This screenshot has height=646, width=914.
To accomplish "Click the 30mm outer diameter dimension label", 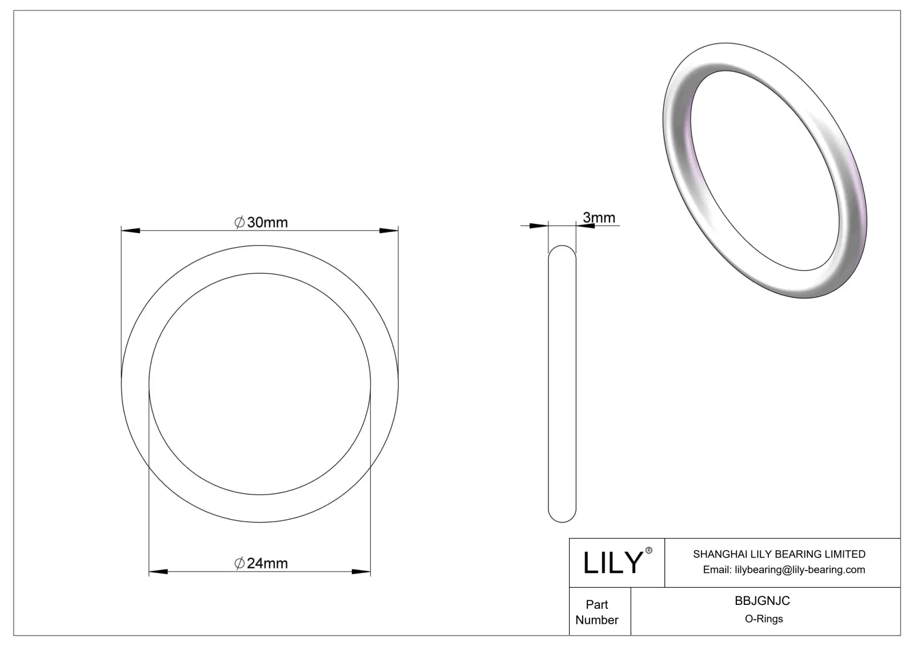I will (267, 222).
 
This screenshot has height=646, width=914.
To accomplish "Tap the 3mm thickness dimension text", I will (599, 218).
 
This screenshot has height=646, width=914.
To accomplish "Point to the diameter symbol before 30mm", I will (240, 222).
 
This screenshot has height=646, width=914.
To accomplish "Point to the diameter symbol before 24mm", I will (240, 563).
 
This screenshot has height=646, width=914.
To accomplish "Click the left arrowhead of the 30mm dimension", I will (131, 231).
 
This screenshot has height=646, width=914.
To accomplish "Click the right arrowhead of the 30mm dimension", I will (389, 231).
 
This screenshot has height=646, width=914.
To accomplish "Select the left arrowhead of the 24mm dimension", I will (158, 572).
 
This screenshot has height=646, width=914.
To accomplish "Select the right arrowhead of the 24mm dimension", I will (361, 572).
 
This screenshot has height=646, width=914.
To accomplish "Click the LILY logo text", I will (612, 563).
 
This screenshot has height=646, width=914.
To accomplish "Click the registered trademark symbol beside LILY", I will (648, 551).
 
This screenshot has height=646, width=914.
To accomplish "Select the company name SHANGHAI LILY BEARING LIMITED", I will (779, 554).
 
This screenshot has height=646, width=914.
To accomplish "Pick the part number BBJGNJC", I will (762, 601).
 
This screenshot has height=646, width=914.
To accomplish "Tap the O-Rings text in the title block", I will (764, 619).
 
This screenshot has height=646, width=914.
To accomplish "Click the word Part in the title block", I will (597, 604).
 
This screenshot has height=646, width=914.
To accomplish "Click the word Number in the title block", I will (597, 620).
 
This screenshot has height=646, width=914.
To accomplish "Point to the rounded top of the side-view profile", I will (562, 250).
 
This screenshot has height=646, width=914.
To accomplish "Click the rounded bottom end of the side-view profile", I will (562, 517).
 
